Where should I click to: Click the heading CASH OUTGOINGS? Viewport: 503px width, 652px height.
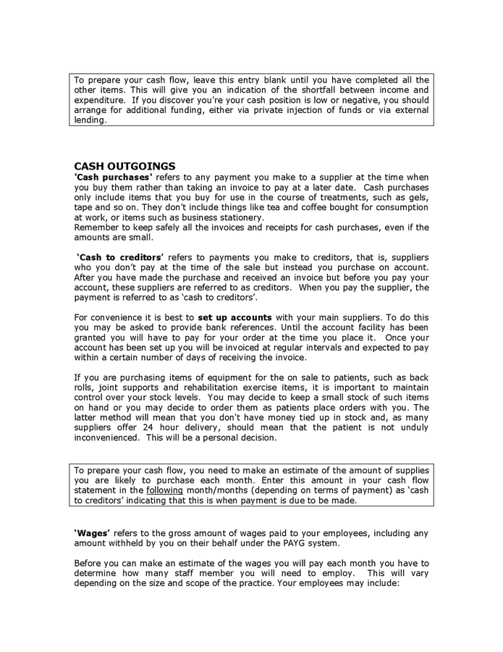tap(124, 166)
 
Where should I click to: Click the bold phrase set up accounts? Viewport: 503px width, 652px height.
tap(234, 317)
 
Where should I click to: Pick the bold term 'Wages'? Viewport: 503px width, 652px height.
tap(92, 532)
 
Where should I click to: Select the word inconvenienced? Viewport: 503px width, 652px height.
tap(108, 438)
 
